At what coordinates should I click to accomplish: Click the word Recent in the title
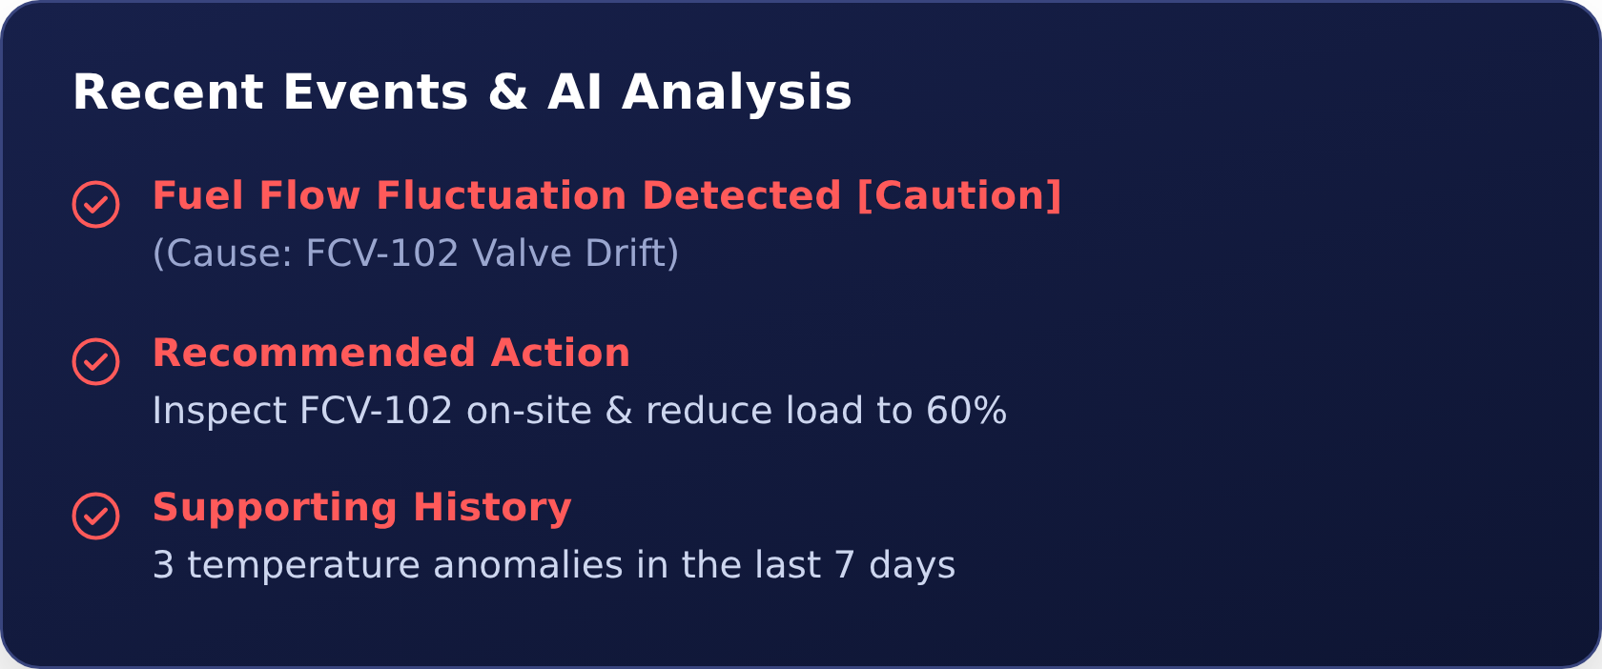coord(168,93)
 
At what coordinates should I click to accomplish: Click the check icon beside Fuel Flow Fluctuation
coord(95,204)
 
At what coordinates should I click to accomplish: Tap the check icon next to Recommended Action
coord(95,362)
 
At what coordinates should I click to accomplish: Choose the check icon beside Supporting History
coord(95,517)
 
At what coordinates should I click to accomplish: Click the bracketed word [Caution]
coord(959,196)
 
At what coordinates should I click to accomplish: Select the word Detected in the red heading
coord(742,196)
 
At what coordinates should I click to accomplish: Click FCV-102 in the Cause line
coord(381,253)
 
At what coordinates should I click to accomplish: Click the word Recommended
coord(314,353)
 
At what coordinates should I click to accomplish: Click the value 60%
coord(966,411)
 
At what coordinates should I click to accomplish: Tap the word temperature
coord(303,566)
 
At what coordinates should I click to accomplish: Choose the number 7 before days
coord(844,565)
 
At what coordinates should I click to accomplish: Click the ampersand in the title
coord(507,93)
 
